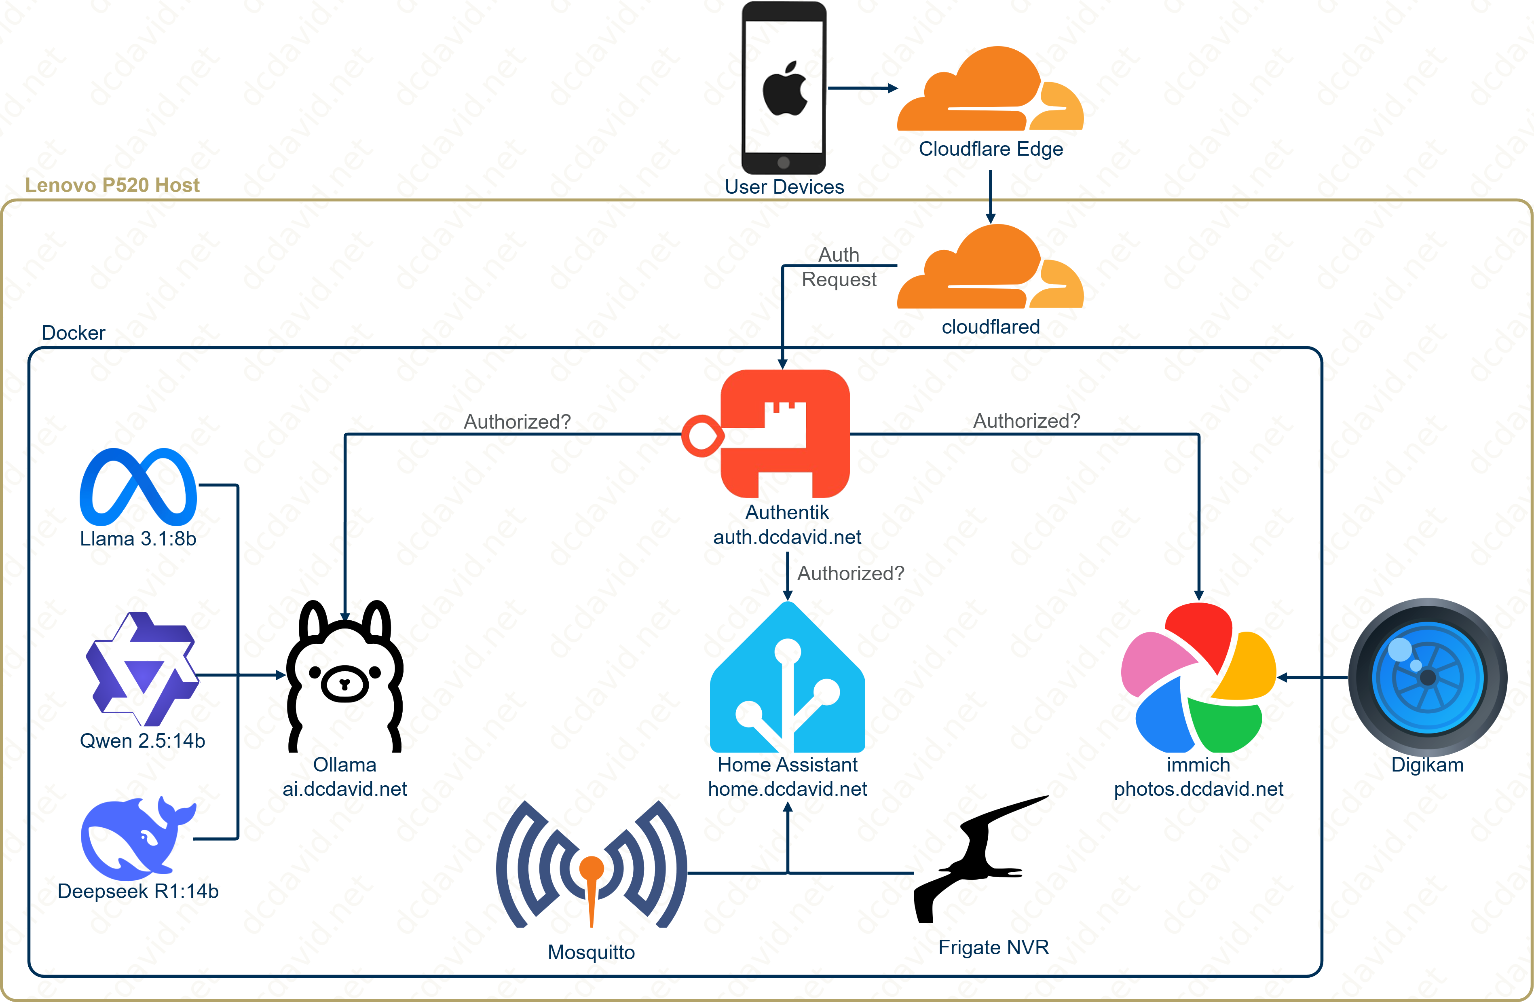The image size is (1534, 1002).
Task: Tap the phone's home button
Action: pyautogui.click(x=784, y=162)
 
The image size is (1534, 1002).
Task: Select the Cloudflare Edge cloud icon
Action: pyautogui.click(x=990, y=90)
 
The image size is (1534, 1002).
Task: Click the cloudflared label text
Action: pyautogui.click(x=991, y=327)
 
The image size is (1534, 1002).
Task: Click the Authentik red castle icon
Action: pyautogui.click(x=785, y=433)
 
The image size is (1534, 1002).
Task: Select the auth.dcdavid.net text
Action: pyautogui.click(x=787, y=537)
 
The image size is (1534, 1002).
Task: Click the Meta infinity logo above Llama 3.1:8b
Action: pyautogui.click(x=138, y=487)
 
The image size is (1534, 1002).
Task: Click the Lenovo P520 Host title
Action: pyautogui.click(x=112, y=185)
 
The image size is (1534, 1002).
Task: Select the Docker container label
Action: pyautogui.click(x=74, y=333)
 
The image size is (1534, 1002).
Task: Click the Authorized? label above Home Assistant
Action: pyautogui.click(x=851, y=573)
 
